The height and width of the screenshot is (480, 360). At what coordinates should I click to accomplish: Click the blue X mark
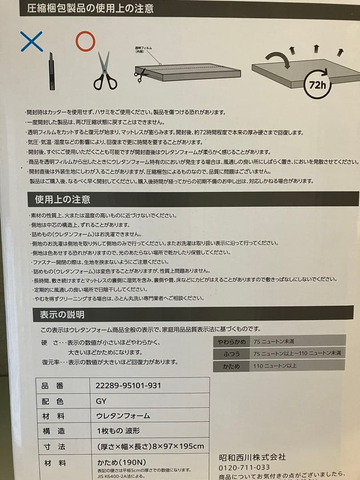32,41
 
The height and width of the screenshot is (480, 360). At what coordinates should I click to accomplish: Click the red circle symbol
85,41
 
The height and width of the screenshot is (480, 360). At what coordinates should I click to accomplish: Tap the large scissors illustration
105,71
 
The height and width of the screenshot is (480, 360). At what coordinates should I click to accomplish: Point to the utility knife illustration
52,71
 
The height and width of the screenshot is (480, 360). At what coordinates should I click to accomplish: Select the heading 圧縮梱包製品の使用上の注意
91,8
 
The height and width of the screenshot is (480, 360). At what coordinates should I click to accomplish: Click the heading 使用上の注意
63,199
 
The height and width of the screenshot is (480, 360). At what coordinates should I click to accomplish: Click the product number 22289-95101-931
128,386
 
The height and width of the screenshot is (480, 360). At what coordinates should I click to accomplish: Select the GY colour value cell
101,401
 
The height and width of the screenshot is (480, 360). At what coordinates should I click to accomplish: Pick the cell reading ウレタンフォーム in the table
123,416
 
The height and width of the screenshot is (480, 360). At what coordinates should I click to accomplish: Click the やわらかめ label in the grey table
232,341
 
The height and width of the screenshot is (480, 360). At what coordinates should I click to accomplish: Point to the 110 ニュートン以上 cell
275,366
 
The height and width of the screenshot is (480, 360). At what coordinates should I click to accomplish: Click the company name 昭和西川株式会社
252,457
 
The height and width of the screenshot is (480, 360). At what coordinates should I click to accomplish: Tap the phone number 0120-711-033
244,468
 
